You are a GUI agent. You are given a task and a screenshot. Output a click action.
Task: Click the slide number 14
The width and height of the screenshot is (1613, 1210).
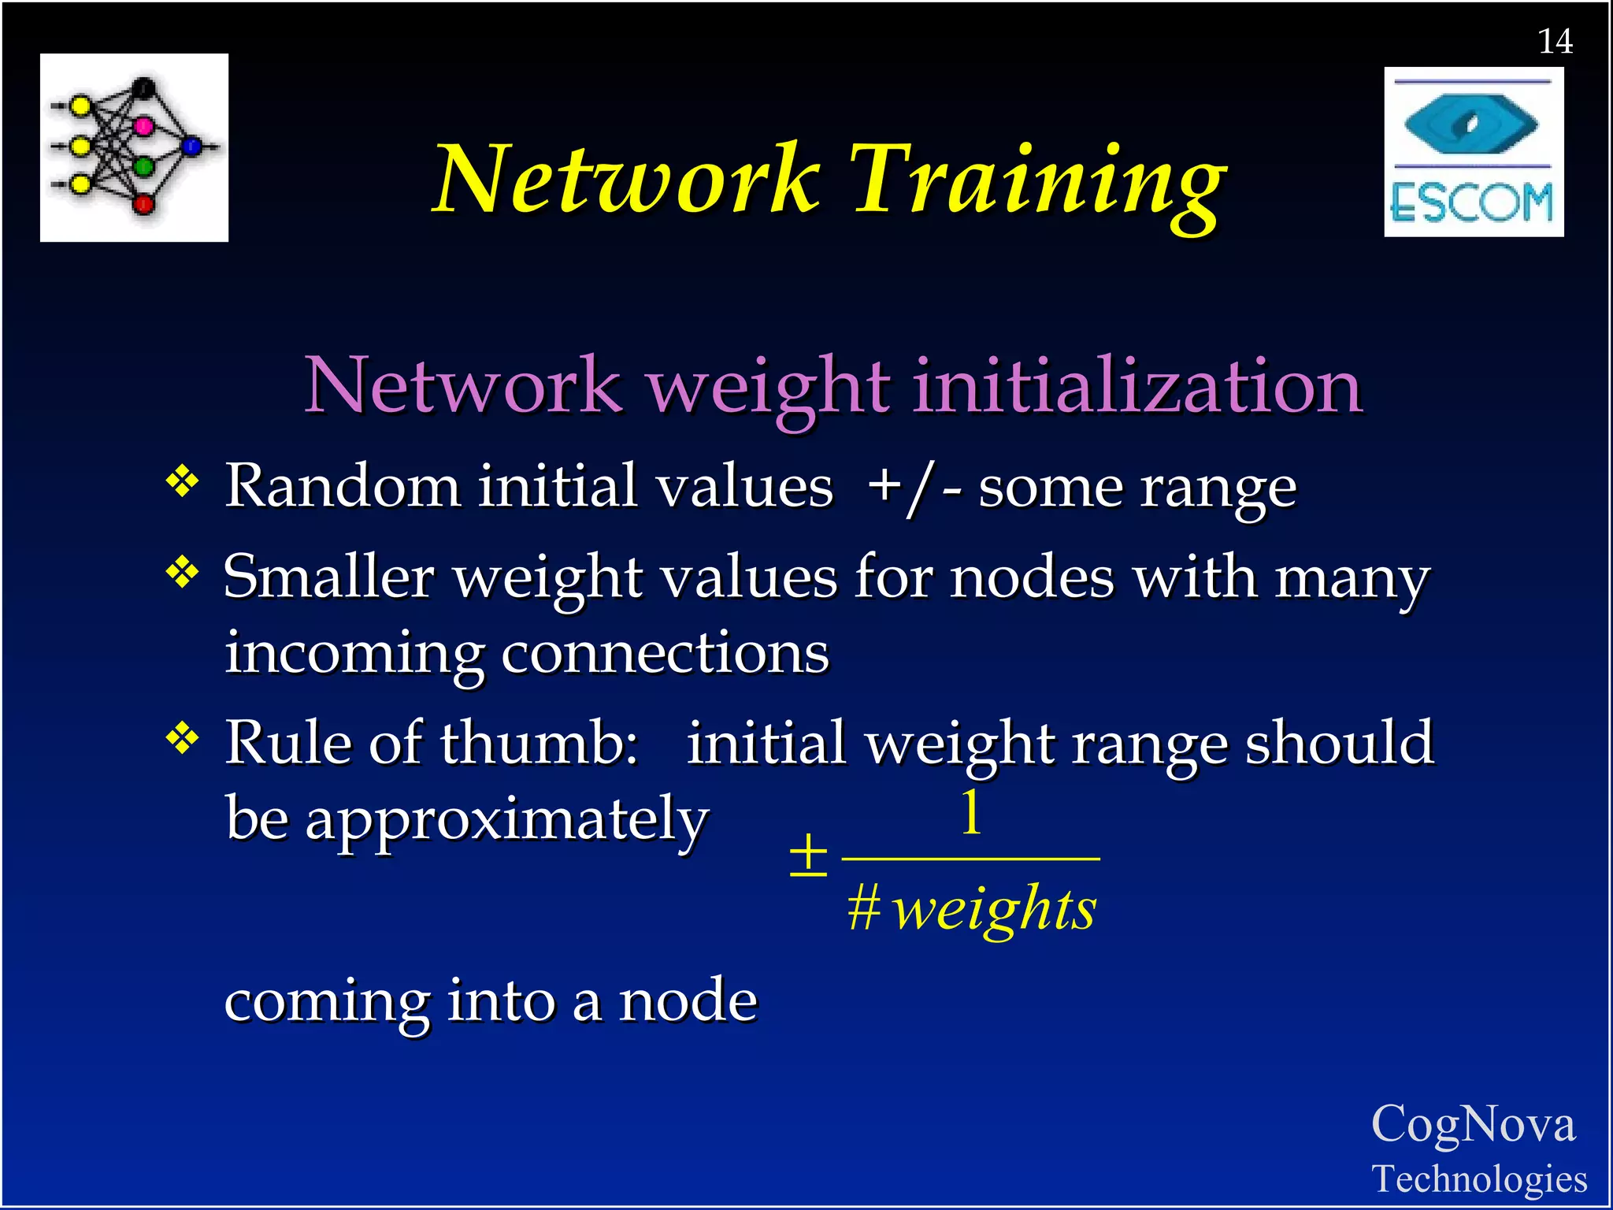pyautogui.click(x=1555, y=41)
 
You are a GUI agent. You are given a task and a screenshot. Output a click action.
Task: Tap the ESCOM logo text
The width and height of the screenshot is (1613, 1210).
pyautogui.click(x=1472, y=203)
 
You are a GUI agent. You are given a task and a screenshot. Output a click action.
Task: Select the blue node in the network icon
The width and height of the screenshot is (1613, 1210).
pyautogui.click(x=192, y=146)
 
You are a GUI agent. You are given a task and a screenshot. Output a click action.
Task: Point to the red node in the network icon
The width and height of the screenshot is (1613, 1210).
pyautogui.click(x=143, y=205)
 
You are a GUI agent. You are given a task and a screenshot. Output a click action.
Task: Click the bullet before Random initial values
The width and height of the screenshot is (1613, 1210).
pyautogui.click(x=182, y=481)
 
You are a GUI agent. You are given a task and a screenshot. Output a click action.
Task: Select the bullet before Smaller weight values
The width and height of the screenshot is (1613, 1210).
pyautogui.click(x=182, y=572)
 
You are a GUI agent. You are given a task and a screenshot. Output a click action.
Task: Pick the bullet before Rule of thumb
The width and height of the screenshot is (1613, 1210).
pyautogui.click(x=182, y=738)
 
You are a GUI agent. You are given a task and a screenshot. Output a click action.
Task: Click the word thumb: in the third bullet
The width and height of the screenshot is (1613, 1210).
pyautogui.click(x=539, y=743)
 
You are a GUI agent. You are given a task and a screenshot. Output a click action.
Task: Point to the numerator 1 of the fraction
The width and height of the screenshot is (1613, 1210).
pyautogui.click(x=972, y=813)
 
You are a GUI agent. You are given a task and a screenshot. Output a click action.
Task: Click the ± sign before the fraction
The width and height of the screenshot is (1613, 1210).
pyautogui.click(x=808, y=855)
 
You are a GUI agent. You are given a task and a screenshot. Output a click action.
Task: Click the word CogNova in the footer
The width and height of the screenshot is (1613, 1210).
pyautogui.click(x=1473, y=1124)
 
